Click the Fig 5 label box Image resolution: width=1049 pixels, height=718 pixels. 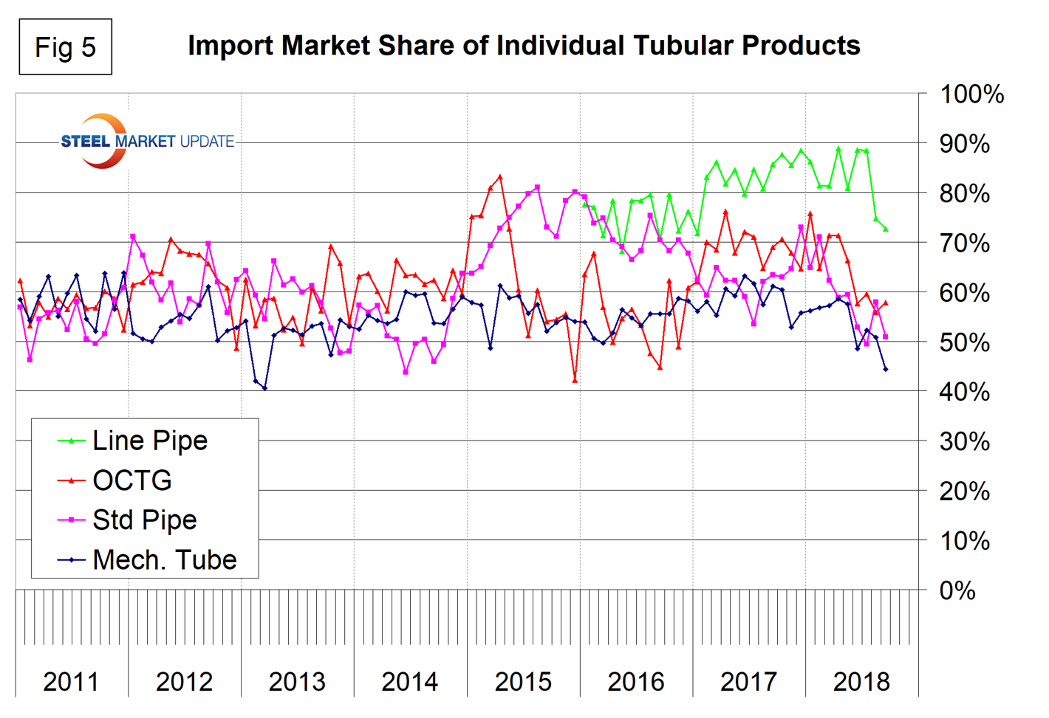tap(65, 47)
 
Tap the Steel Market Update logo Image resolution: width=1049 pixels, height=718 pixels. tap(146, 141)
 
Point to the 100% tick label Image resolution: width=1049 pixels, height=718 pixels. tap(971, 94)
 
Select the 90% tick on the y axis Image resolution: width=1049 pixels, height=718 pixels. tap(964, 144)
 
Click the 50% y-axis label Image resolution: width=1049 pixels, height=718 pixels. tap(964, 342)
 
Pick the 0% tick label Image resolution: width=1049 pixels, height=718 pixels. tap(957, 590)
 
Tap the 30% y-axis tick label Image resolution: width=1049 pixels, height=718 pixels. tap(964, 441)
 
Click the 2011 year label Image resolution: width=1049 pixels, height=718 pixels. tap(71, 681)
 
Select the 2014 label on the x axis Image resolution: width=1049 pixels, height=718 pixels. tap(410, 681)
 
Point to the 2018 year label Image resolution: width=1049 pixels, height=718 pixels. tap(861, 681)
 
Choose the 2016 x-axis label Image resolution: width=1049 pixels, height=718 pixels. tap(636, 681)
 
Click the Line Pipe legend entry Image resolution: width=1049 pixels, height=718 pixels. tap(149, 441)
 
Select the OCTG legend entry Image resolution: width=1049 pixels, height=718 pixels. tap(131, 480)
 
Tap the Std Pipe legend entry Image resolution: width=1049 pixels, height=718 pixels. tap(144, 520)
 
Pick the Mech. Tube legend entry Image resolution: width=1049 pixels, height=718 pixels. tap(164, 560)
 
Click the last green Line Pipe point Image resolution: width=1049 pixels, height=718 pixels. tap(885, 229)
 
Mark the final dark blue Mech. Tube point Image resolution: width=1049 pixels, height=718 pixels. tap(885, 369)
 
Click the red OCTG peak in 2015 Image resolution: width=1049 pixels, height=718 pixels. tap(500, 177)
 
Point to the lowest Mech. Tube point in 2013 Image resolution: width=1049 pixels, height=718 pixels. tap(264, 388)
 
